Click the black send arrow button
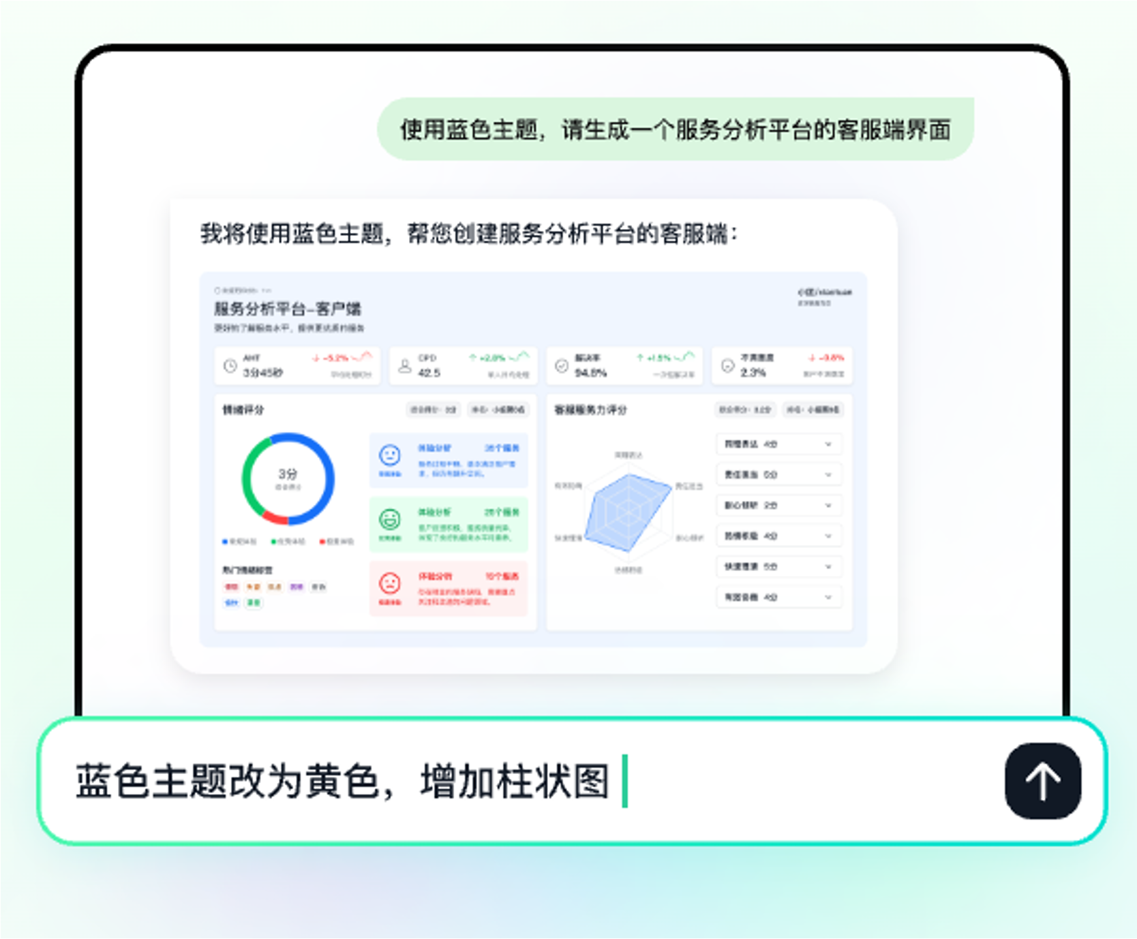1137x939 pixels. click(1042, 781)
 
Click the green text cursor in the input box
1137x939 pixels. click(625, 781)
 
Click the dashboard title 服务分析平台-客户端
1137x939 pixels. click(288, 309)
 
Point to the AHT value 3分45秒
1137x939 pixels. click(263, 373)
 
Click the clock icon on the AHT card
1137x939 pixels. click(230, 366)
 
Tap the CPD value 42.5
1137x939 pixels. click(429, 373)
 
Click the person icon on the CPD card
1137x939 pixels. click(405, 366)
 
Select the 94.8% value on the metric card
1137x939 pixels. click(591, 373)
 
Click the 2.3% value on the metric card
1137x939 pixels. click(753, 373)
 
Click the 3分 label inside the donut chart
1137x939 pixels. click(288, 474)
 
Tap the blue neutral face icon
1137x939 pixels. click(390, 455)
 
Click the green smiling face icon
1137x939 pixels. click(390, 519)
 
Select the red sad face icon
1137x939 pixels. click(390, 583)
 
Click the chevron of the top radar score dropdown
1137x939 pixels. click(828, 444)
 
